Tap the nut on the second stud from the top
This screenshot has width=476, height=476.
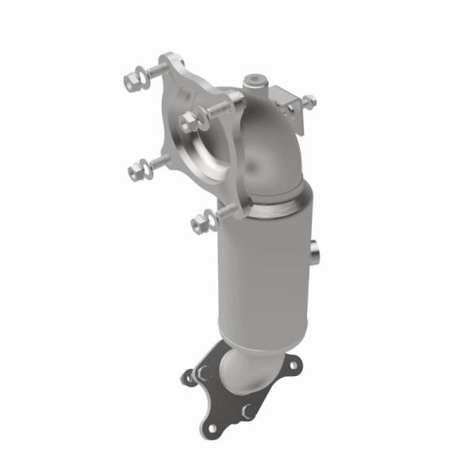[x=189, y=121]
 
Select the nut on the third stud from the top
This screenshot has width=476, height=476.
[x=134, y=168]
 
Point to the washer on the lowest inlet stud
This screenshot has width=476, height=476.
[x=208, y=220]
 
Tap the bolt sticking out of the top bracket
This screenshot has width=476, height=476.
[x=308, y=102]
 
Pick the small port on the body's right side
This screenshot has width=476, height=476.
[x=317, y=252]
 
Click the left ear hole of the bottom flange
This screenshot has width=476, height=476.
[x=189, y=378]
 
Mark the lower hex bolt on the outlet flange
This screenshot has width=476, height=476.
[x=247, y=410]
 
